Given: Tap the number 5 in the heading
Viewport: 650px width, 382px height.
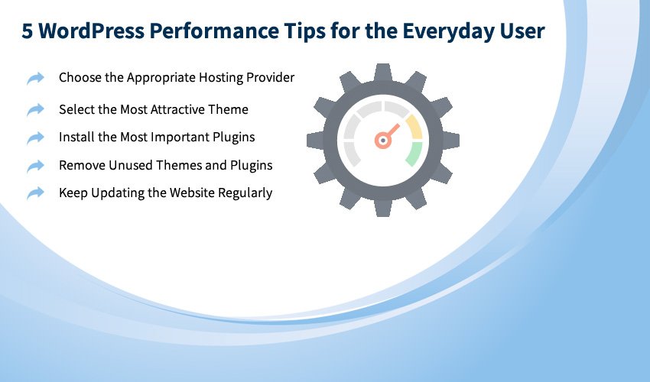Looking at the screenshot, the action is coord(27,31).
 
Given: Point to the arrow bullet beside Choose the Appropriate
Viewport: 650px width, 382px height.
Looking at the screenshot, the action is coord(36,78).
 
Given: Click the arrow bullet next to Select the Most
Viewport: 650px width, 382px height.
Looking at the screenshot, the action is coord(36,110).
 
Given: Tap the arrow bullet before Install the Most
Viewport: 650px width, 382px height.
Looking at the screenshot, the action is coord(36,138).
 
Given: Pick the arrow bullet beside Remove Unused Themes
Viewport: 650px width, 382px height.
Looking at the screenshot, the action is coord(36,166).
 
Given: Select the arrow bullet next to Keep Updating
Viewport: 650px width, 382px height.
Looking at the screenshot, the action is coord(36,193).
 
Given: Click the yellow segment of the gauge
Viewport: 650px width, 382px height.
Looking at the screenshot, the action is coord(415,126).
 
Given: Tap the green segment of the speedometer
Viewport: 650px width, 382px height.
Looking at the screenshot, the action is coord(414,154).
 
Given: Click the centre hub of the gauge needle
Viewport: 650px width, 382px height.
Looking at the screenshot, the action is coord(383,141).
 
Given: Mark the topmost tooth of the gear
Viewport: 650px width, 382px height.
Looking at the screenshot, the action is coord(383,72).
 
